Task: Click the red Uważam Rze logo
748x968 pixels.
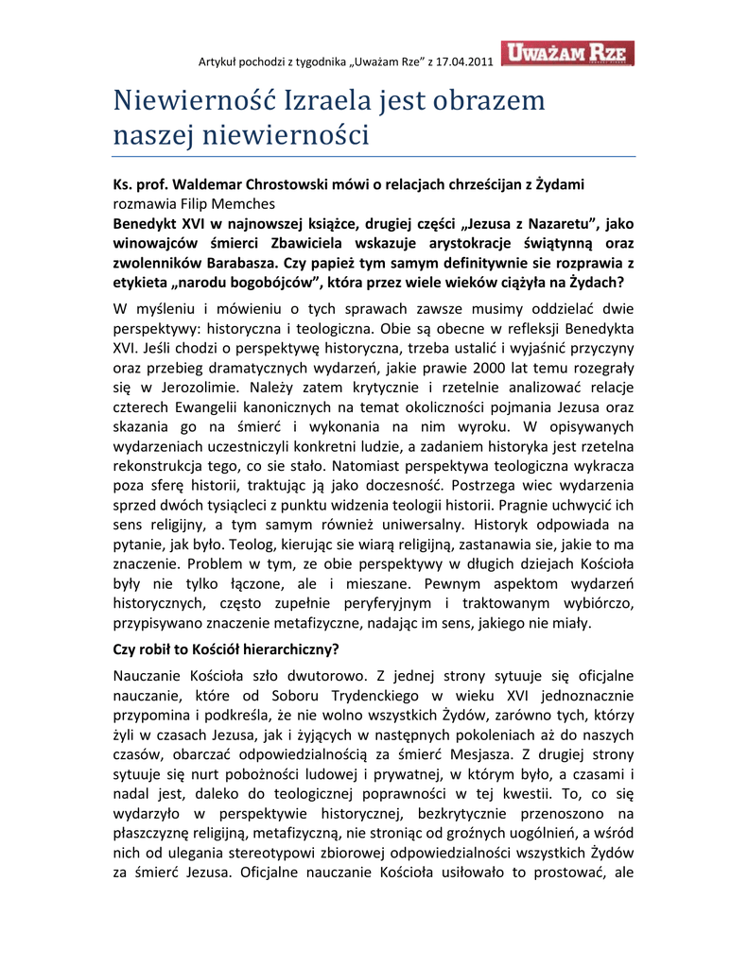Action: (568, 54)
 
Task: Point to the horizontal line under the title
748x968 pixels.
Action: (374, 156)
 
